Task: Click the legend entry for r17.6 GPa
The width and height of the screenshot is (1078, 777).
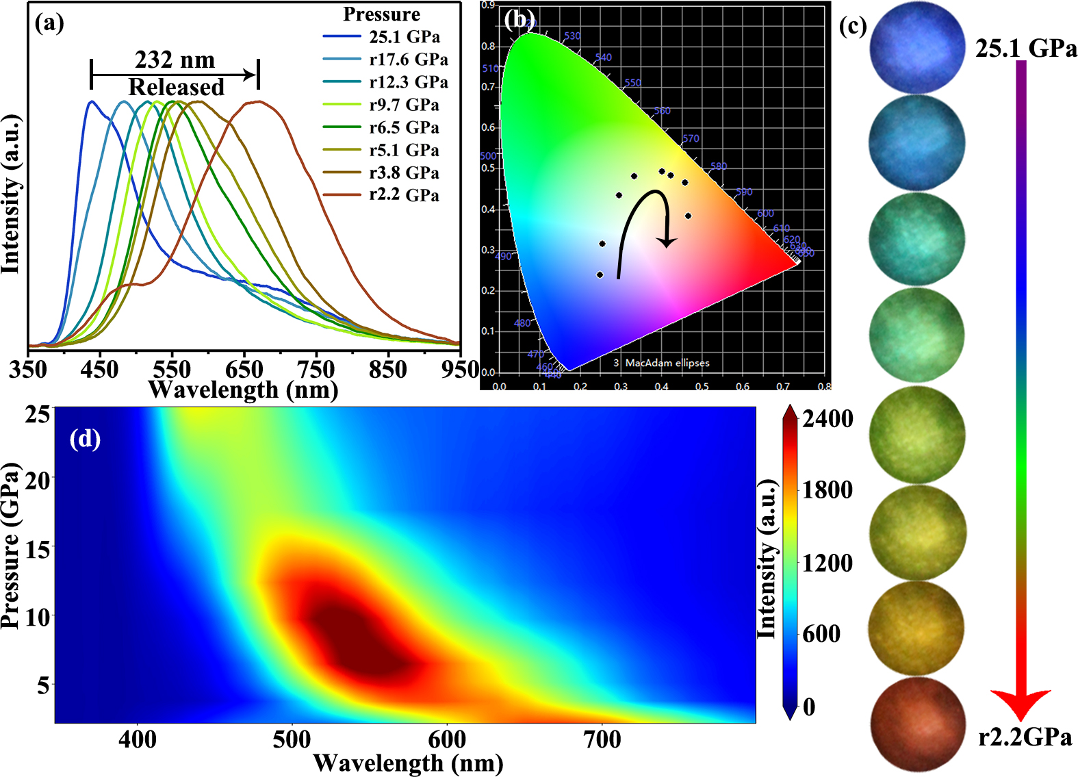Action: click(x=409, y=60)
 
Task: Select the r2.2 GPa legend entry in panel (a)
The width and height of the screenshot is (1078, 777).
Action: click(x=404, y=195)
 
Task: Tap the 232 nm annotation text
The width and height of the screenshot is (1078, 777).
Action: click(x=175, y=60)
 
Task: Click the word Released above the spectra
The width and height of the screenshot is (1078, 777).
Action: click(x=176, y=88)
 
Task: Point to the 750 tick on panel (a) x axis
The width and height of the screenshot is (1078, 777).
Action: click(x=316, y=370)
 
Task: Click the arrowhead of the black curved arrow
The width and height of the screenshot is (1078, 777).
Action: click(x=667, y=242)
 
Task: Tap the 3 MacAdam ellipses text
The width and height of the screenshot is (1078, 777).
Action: click(x=661, y=363)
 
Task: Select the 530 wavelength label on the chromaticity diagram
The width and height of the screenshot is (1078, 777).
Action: click(x=572, y=36)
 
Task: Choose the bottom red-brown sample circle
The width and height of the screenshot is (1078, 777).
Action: click(x=917, y=724)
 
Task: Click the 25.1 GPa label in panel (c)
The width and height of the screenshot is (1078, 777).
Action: click(x=1025, y=49)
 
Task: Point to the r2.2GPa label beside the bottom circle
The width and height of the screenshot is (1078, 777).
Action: click(x=1025, y=737)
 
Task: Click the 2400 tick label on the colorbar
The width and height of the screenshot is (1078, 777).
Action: click(x=828, y=419)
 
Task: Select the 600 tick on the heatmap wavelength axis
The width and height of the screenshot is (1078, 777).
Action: click(x=447, y=740)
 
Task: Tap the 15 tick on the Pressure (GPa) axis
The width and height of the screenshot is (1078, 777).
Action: click(x=38, y=548)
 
